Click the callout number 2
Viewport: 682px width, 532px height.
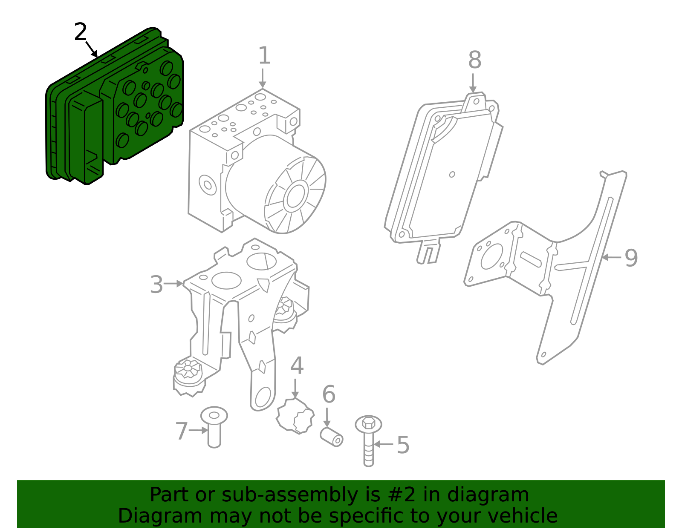[80, 32]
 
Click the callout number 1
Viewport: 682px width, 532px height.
[264, 56]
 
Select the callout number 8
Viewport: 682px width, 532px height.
[474, 60]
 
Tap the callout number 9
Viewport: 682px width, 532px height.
[631, 258]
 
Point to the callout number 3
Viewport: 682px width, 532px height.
[156, 285]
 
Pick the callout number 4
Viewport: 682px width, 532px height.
[297, 366]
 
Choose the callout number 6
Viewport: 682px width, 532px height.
[329, 394]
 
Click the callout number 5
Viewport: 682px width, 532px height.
[403, 445]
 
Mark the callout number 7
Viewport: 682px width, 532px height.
[181, 431]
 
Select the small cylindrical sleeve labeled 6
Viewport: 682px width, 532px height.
[332, 437]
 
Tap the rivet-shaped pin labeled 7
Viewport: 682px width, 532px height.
[214, 428]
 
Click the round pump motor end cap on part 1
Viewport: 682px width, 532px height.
[295, 196]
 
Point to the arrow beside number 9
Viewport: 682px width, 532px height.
[611, 257]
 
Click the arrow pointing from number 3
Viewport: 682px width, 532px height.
[173, 283]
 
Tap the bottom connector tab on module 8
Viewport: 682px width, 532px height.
[428, 252]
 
